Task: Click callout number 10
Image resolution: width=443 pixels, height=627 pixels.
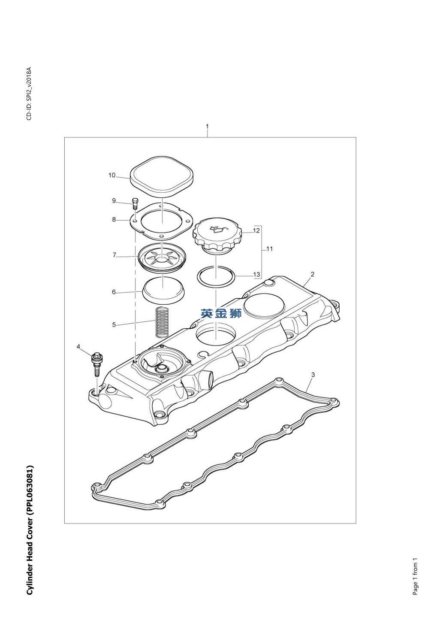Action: point(112,175)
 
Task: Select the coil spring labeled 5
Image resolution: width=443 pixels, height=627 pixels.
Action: point(162,322)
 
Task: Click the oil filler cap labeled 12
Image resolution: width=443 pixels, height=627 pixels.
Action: point(217,235)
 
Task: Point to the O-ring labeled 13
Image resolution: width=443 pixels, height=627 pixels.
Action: point(216,276)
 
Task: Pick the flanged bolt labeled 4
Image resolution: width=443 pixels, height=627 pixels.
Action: point(97,364)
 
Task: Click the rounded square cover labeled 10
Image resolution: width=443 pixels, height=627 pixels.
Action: point(162,176)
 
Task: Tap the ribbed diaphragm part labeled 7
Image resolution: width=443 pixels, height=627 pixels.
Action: point(162,257)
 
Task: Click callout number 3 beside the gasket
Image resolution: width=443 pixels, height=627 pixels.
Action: point(313,375)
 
